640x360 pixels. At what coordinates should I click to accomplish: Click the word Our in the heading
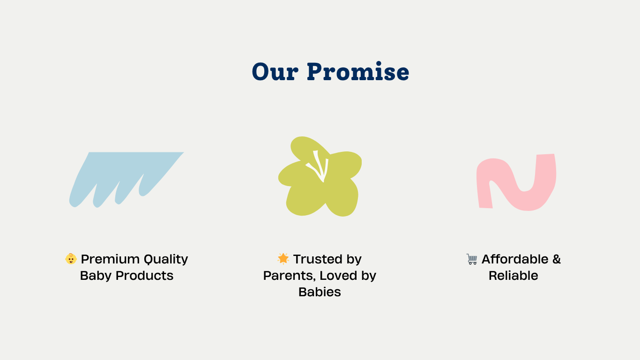275,72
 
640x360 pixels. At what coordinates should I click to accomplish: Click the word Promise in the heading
358,71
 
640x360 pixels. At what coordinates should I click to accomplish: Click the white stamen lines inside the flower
319,166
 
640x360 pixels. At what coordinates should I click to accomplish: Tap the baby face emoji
71,259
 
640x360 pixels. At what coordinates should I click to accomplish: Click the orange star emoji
283,258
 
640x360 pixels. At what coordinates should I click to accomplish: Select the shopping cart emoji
472,259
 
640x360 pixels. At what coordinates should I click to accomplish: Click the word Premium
110,259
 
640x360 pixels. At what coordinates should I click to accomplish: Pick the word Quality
166,260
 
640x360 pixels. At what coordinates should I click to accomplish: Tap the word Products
145,276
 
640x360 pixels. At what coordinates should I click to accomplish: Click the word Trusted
318,259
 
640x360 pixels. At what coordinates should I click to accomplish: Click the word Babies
320,292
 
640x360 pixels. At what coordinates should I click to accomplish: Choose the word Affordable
515,259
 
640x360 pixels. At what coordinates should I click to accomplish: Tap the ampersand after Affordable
557,259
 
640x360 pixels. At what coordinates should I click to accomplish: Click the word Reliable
513,276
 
